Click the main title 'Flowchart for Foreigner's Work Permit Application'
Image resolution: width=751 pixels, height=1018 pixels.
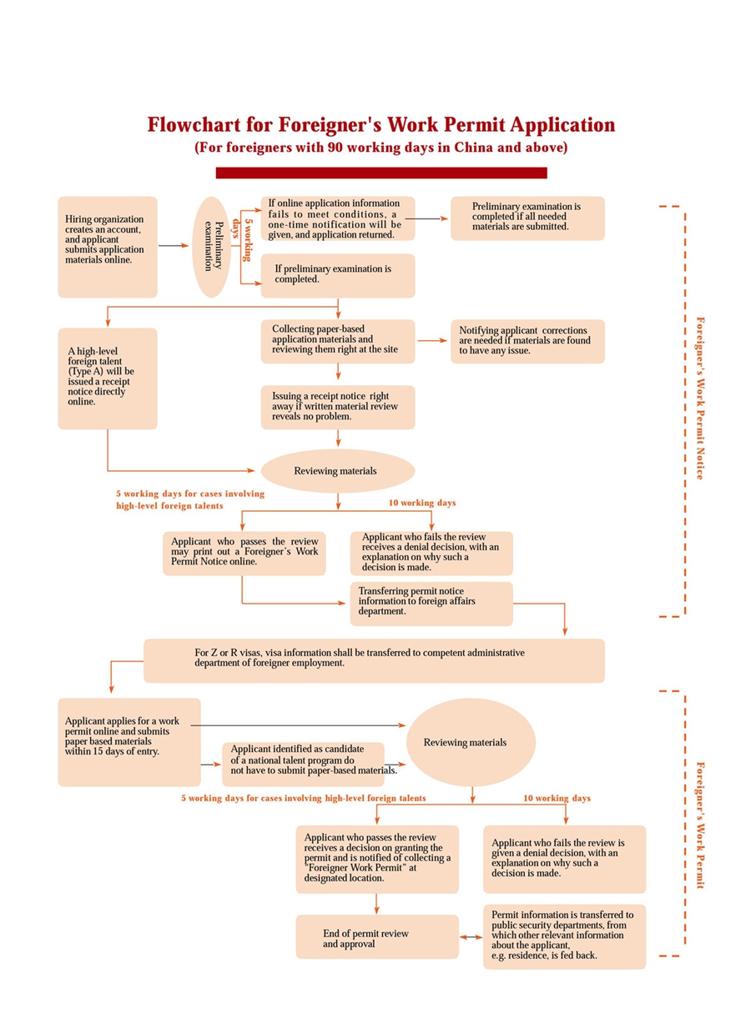point(381,125)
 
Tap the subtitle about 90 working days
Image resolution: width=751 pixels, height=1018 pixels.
point(381,148)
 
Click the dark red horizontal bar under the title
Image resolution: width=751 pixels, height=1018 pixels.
point(381,173)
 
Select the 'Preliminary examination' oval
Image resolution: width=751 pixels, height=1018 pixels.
point(214,247)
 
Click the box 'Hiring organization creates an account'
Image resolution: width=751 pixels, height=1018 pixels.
point(107,247)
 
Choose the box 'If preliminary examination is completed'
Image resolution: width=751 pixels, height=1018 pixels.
point(337,275)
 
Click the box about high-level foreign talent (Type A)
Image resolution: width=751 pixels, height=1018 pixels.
point(107,378)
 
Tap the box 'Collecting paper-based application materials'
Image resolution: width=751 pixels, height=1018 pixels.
point(337,341)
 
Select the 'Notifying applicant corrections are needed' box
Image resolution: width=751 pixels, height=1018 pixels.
point(527,341)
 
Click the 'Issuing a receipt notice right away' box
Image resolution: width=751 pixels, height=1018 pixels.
point(337,406)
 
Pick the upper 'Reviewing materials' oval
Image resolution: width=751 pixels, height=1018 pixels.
point(337,471)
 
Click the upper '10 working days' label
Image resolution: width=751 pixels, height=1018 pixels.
point(422,503)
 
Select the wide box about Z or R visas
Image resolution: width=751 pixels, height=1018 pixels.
point(374,660)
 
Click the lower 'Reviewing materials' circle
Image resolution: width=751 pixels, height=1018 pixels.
point(471,742)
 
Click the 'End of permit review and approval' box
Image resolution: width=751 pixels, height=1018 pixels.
point(376,936)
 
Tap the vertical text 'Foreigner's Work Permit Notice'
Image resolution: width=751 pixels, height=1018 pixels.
point(700,398)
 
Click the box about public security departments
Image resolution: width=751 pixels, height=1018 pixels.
point(564,936)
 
